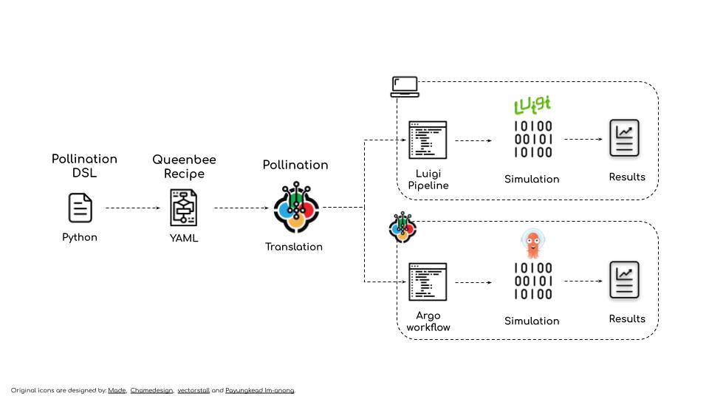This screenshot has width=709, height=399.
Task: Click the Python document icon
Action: [x=80, y=208]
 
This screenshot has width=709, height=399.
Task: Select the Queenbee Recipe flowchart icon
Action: [x=184, y=208]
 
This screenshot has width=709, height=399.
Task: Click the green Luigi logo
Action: [x=532, y=105]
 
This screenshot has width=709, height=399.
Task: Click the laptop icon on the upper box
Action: [x=405, y=86]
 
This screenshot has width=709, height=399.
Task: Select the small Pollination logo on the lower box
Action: [x=403, y=227]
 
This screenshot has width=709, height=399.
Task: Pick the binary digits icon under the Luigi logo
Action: [x=532, y=140]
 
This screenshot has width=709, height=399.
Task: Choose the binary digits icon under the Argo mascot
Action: [x=532, y=282]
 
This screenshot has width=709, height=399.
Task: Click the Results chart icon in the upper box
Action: [x=624, y=138]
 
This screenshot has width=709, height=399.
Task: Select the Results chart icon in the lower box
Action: [x=624, y=280]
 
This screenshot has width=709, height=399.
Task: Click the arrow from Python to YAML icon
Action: [x=133, y=208]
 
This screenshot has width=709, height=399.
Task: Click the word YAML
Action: [x=184, y=238]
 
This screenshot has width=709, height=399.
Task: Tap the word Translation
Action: [x=294, y=247]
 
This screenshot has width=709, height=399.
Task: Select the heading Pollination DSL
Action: [x=84, y=166]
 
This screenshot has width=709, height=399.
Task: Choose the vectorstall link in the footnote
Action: [x=193, y=390]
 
